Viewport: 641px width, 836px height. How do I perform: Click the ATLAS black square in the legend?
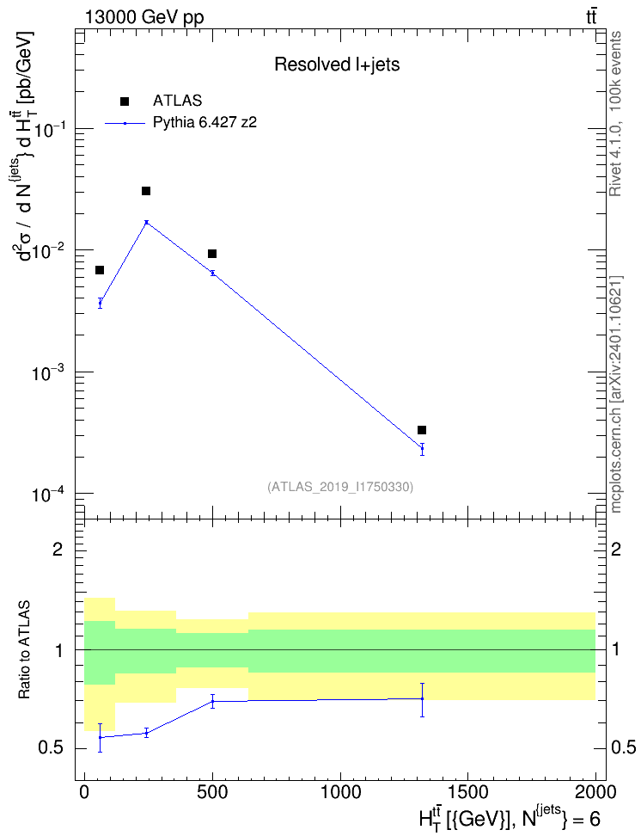tap(125, 101)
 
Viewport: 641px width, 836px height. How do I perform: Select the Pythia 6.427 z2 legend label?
tap(205, 123)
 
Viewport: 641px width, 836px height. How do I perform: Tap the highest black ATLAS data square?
tap(146, 191)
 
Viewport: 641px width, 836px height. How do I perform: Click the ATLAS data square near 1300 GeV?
tap(422, 430)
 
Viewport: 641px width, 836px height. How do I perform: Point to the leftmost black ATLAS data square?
tap(100, 270)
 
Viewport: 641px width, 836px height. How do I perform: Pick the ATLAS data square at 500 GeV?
tap(212, 254)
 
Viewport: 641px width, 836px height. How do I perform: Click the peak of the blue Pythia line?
tap(147, 222)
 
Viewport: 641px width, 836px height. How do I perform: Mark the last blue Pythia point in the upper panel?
tap(422, 448)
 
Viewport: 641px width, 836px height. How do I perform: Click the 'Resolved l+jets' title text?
tap(337, 65)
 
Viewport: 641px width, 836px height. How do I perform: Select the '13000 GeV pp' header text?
tap(143, 17)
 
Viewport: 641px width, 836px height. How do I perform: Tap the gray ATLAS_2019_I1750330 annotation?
tap(340, 486)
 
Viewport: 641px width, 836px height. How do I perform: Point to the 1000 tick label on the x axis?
tap(339, 792)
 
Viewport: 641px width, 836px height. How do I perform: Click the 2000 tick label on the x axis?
tap(595, 792)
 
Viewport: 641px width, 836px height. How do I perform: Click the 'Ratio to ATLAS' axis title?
tap(24, 650)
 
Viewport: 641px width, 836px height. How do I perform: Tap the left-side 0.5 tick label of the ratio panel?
tap(51, 748)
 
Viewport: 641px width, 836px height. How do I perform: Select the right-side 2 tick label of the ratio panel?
tap(616, 549)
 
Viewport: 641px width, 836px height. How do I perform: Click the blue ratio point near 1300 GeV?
tap(422, 698)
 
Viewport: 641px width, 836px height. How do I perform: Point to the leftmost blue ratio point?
tap(100, 737)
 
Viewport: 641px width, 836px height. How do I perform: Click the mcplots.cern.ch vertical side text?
tap(616, 395)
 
